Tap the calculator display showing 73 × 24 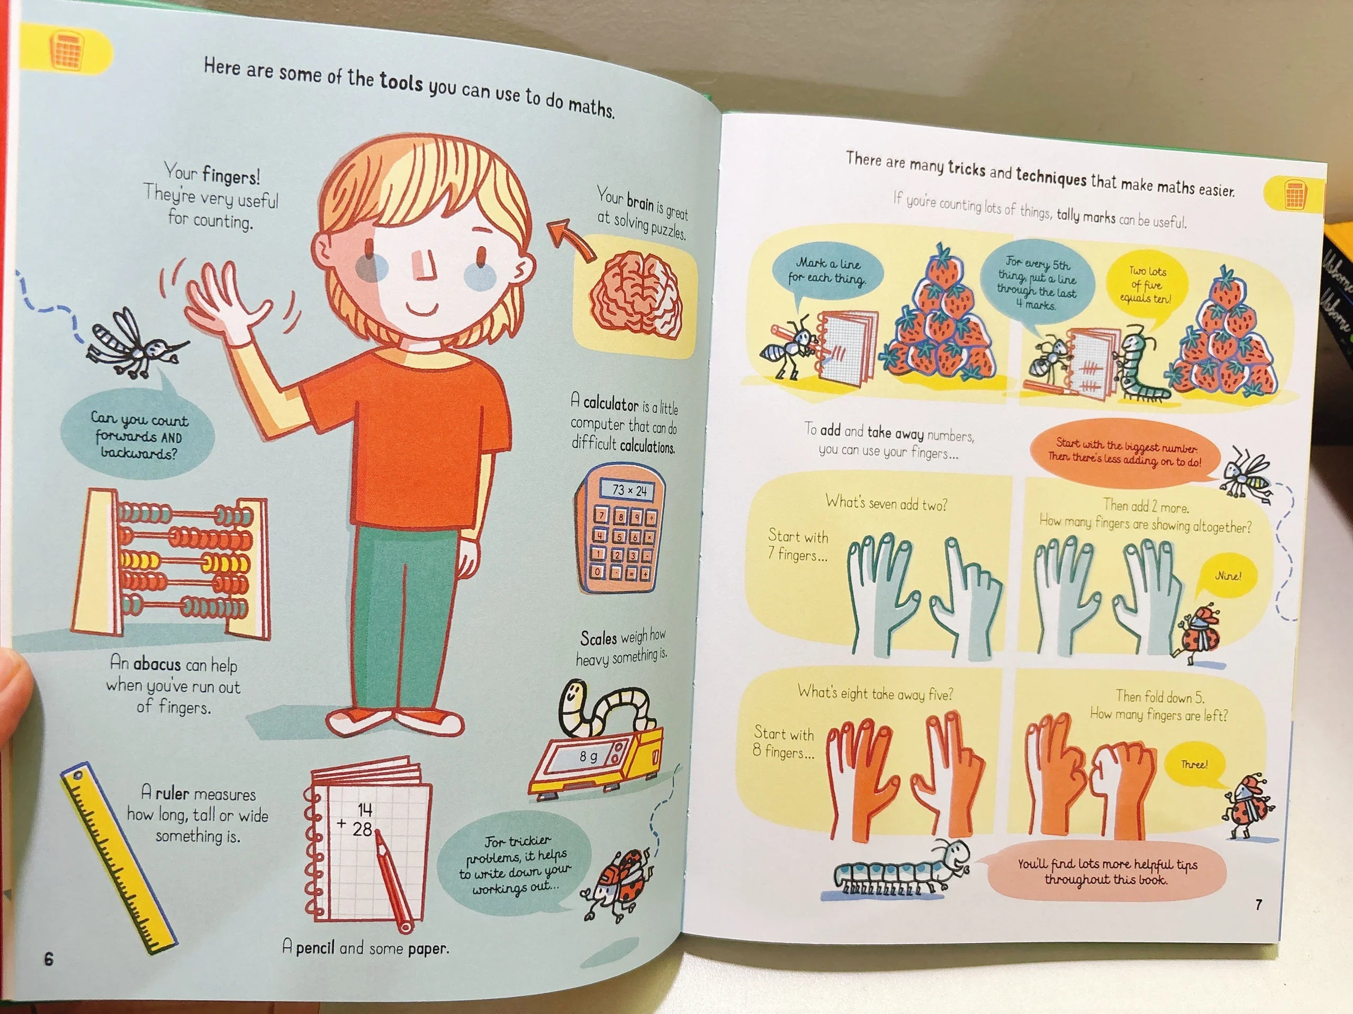tap(628, 490)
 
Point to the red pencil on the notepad tap(393, 880)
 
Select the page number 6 tap(49, 958)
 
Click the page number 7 tap(1258, 904)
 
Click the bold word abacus tap(157, 664)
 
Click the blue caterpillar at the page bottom tap(900, 869)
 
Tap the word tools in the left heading tap(401, 82)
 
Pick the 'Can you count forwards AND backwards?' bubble tap(138, 435)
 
